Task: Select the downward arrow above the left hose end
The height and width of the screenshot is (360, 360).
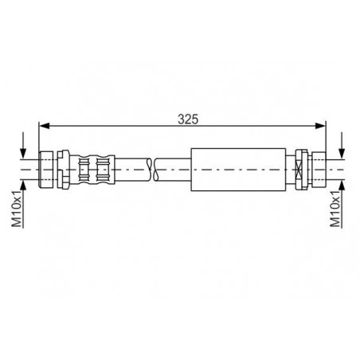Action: coord(25,149)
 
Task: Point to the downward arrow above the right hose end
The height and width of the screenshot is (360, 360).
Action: coord(341,149)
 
